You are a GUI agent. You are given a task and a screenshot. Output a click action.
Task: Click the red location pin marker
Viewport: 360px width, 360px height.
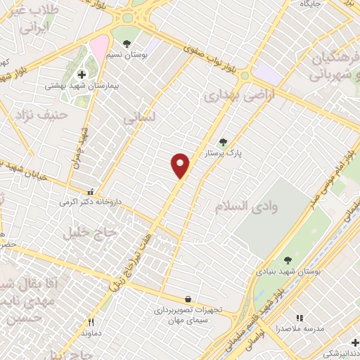[181, 165]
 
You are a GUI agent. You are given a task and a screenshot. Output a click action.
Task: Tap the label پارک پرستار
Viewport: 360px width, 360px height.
[223, 153]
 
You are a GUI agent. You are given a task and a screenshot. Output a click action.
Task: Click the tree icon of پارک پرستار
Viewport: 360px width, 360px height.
[223, 141]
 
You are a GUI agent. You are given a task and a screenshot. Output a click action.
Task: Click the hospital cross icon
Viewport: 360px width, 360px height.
[82, 74]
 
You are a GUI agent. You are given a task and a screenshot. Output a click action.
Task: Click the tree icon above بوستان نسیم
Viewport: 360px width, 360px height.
[127, 43]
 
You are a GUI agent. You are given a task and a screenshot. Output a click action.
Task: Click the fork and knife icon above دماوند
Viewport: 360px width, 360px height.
[91, 321]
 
